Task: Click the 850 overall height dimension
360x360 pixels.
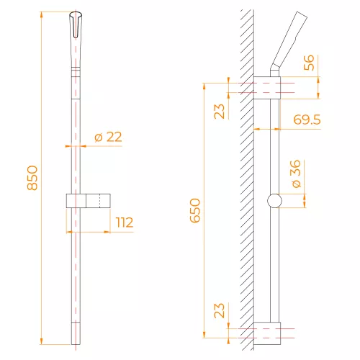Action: (x=32, y=178)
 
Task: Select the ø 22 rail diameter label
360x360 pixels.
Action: (x=108, y=137)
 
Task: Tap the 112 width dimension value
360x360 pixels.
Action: (x=125, y=222)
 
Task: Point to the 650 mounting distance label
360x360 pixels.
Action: (x=195, y=210)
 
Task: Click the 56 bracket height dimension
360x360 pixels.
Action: (x=309, y=63)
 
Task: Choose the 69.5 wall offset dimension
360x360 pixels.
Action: (x=307, y=120)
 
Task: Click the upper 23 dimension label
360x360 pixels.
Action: (x=219, y=112)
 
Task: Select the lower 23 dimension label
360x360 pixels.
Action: (x=219, y=310)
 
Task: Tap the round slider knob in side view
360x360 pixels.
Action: (x=274, y=201)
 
